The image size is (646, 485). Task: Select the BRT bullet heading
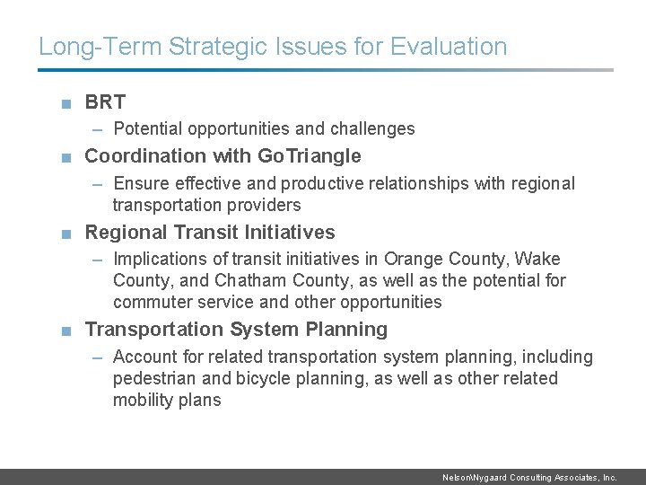(x=105, y=102)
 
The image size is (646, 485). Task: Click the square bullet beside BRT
(x=66, y=103)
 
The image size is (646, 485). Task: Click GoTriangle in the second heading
(x=310, y=156)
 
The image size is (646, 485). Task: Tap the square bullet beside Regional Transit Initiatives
(x=66, y=234)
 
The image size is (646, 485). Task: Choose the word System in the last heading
(x=262, y=330)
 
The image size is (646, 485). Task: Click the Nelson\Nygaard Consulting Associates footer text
(x=529, y=478)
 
